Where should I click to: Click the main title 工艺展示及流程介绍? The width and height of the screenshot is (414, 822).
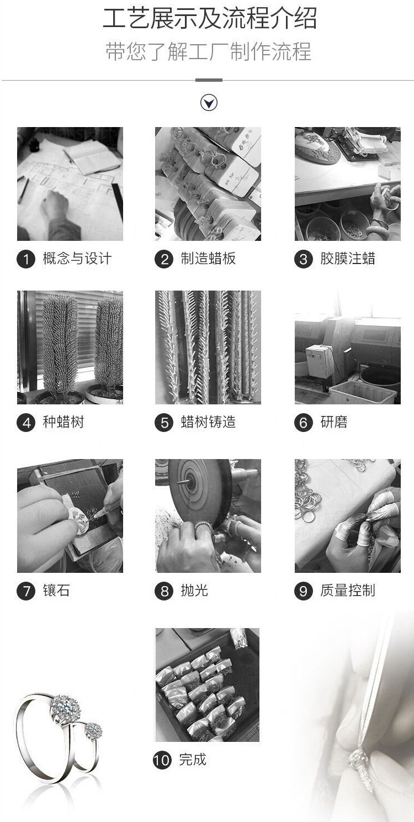210,19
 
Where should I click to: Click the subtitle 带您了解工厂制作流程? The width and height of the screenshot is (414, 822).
208,52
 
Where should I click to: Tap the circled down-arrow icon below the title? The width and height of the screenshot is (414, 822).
209,103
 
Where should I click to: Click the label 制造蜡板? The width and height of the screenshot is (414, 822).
208,259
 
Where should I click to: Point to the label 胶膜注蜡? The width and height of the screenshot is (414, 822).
347,259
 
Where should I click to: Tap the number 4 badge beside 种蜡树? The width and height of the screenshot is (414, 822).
25,423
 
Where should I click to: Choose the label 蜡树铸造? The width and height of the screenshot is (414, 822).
208,423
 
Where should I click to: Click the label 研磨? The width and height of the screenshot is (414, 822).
333,423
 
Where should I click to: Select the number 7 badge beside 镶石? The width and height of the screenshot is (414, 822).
25,591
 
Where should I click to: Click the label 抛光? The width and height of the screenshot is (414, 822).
194,591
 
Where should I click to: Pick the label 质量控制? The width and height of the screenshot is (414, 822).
347,591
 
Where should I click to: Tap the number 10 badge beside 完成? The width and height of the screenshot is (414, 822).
162,760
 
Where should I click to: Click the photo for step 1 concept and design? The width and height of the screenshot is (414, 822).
70,184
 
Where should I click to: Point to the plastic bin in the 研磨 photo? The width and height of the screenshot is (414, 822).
362,392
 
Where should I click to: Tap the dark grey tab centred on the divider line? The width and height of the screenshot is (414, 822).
209,80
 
